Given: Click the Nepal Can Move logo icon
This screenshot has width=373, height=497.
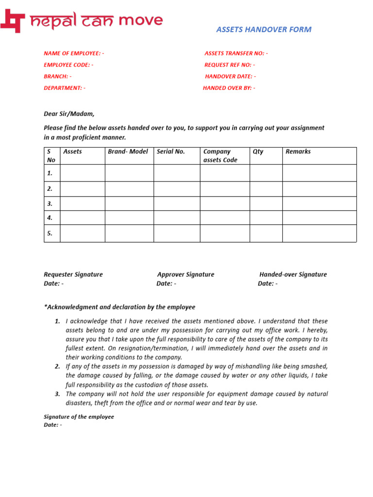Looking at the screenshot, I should (13, 21).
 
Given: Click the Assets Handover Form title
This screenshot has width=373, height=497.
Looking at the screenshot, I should (264, 30).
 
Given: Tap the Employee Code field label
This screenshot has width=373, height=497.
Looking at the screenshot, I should (68, 65).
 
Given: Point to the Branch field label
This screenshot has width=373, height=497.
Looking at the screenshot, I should (57, 77).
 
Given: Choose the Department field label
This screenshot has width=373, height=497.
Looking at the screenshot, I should (65, 88).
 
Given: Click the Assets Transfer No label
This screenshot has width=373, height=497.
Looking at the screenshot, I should (236, 53).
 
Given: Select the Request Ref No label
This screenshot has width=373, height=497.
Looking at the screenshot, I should (230, 65).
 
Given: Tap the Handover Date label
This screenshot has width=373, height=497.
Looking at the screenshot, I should (230, 77).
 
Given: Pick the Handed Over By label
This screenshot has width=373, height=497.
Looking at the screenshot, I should (229, 88).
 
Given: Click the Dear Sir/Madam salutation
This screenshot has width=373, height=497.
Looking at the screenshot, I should (69, 114).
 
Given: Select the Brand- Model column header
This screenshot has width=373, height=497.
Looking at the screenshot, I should (128, 151).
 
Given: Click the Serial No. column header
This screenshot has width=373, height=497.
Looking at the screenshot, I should (171, 151).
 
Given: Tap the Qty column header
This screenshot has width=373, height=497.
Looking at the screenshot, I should (258, 151).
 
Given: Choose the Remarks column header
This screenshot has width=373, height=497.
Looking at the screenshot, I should (298, 151).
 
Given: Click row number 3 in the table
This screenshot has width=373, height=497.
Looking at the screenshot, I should (50, 204).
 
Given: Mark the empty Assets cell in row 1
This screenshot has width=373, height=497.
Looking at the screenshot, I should (83, 173).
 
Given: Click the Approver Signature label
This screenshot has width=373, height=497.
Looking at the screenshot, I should (186, 275).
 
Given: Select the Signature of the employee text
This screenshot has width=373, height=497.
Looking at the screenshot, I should (79, 417).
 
